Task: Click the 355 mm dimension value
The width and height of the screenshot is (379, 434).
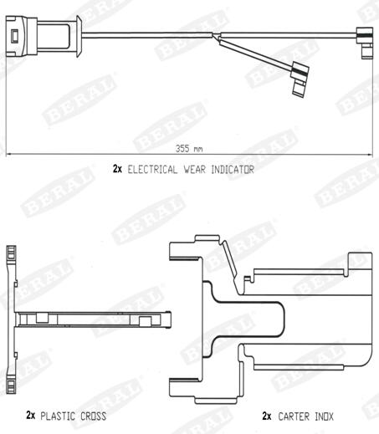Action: (x=189, y=149)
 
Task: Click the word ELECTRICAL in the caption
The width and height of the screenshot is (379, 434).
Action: (x=152, y=170)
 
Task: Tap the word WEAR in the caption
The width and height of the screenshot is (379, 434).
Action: (x=194, y=170)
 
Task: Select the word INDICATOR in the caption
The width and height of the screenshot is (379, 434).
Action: (x=233, y=170)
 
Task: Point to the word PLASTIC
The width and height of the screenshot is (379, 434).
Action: (x=58, y=416)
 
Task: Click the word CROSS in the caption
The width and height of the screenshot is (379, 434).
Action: (x=94, y=416)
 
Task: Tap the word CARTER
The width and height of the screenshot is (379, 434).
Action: (x=294, y=416)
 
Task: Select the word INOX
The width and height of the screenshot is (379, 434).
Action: (x=324, y=416)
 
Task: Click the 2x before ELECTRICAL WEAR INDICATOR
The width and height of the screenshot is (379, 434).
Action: (x=117, y=169)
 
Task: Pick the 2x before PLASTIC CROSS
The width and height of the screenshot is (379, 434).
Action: (x=31, y=415)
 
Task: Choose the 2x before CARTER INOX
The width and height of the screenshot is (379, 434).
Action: (x=267, y=416)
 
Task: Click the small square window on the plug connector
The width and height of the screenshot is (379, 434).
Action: (x=14, y=36)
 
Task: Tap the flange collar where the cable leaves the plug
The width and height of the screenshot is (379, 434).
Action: (x=79, y=36)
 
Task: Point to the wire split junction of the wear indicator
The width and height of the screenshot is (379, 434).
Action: (x=216, y=37)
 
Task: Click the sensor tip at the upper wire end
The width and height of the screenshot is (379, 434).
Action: (x=365, y=43)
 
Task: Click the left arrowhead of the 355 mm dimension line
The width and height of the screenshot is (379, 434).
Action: (x=8, y=154)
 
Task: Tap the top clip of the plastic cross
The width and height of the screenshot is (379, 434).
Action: (x=11, y=253)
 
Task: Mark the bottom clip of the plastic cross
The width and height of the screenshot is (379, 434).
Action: (x=11, y=385)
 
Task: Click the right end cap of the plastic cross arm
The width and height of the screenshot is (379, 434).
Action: (x=168, y=319)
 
